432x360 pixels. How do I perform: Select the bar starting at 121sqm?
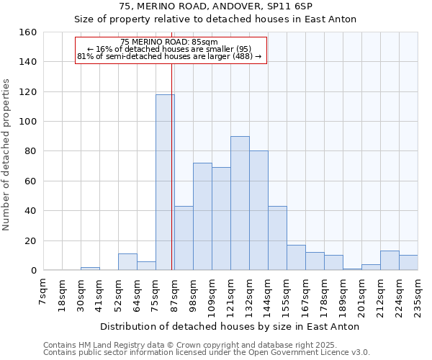(x=240, y=203)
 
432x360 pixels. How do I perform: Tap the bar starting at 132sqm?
(x=258, y=210)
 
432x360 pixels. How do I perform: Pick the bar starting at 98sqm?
(x=202, y=217)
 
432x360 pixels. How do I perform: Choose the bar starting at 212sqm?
(x=390, y=261)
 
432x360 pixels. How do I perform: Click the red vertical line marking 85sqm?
(x=172, y=180)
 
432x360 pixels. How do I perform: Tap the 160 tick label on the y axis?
(x=27, y=32)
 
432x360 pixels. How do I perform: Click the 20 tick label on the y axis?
(x=30, y=240)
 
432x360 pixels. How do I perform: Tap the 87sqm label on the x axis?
(x=174, y=292)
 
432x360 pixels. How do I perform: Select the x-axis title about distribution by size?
(x=230, y=326)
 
